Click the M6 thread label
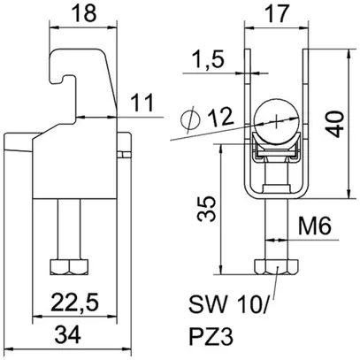pyautogui.click(x=314, y=228)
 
